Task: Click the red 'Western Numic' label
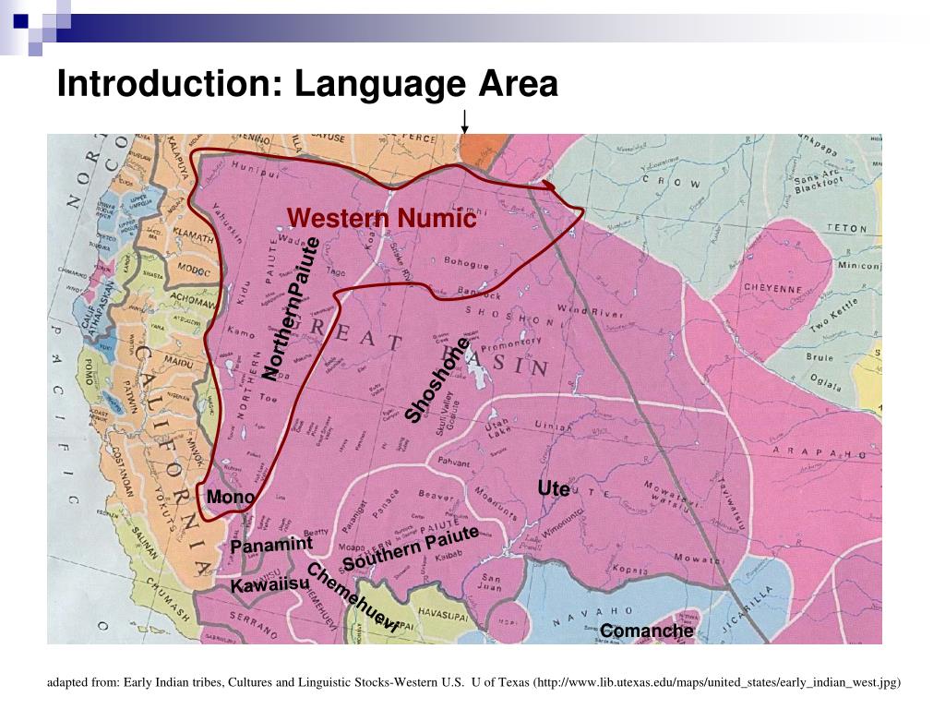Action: [381, 220]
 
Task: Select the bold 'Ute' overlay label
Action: [554, 488]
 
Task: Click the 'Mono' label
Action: [231, 498]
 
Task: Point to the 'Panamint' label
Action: [271, 545]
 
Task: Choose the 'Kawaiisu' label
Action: [269, 585]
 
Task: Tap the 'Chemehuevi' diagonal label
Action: [353, 597]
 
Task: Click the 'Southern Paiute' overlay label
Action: [411, 548]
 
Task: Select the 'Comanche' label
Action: [646, 631]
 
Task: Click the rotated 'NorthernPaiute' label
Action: [291, 308]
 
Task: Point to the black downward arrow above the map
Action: [465, 121]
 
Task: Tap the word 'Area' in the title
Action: [518, 84]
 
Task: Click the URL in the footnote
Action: [717, 683]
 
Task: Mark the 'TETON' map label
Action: [846, 228]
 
